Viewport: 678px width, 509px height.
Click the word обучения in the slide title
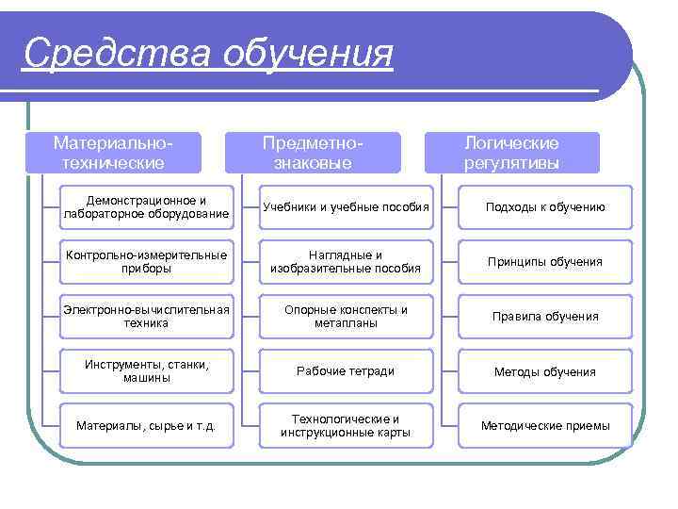pyautogui.click(x=308, y=55)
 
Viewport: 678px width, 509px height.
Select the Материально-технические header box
pyautogui.click(x=113, y=153)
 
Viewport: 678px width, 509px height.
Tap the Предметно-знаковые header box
pyautogui.click(x=313, y=153)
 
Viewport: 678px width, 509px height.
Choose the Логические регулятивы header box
pyautogui.click(x=511, y=153)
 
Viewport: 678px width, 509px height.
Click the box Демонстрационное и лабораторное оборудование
pyautogui.click(x=146, y=207)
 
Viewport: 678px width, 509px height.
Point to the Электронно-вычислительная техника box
pyautogui.click(x=146, y=316)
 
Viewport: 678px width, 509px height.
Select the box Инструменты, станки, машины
pyautogui.click(x=146, y=370)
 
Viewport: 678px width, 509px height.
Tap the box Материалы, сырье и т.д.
pyautogui.click(x=146, y=425)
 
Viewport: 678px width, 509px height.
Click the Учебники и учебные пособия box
pyautogui.click(x=346, y=207)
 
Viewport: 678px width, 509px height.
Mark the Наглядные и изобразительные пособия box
pyautogui.click(x=346, y=262)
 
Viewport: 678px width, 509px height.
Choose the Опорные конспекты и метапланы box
pyautogui.click(x=346, y=316)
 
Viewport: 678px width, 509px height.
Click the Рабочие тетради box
pyautogui.click(x=346, y=370)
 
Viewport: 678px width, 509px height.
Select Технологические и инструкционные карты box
pyautogui.click(x=346, y=425)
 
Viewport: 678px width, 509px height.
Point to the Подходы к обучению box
pyautogui.click(x=545, y=207)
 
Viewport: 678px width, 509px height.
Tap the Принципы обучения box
pyautogui.click(x=545, y=262)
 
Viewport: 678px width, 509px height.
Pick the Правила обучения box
pyautogui.click(x=545, y=316)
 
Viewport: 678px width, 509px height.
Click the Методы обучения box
pyautogui.click(x=545, y=370)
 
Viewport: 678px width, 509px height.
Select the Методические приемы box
pyautogui.click(x=545, y=425)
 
